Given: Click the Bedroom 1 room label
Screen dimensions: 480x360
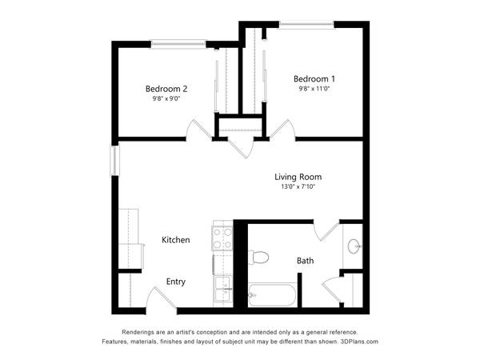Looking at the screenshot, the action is pos(314,79).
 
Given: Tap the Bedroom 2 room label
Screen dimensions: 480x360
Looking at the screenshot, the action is pos(166,89).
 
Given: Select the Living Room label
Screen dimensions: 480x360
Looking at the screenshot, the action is pos(298,177).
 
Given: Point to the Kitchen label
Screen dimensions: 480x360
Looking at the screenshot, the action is pos(176,240).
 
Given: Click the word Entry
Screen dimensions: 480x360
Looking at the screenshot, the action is pos(176,282).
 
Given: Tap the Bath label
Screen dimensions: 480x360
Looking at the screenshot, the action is pos(306,261).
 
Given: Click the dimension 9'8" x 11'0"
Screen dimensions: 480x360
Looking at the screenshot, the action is pos(314,89).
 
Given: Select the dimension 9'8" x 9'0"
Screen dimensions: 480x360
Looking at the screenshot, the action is pos(166,98).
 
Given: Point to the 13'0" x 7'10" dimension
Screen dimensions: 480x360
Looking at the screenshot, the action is pos(298,186).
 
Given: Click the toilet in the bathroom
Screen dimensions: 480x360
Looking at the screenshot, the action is pos(258,257).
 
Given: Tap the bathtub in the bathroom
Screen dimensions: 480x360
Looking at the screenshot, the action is pos(272,295).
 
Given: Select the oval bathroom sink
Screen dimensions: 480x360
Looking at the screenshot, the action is pos(354,246).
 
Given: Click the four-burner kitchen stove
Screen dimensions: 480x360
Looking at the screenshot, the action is pos(222,238).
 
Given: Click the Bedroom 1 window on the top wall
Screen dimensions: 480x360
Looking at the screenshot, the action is pos(306,24).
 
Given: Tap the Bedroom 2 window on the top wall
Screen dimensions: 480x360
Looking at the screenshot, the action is pos(178,44).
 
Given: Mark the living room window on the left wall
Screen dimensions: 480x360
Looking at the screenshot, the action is pos(114,161).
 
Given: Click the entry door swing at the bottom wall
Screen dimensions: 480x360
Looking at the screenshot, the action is pos(162,298).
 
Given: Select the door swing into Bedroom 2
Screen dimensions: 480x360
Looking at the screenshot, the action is pos(199,130).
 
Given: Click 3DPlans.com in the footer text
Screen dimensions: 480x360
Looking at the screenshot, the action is pos(359,342).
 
